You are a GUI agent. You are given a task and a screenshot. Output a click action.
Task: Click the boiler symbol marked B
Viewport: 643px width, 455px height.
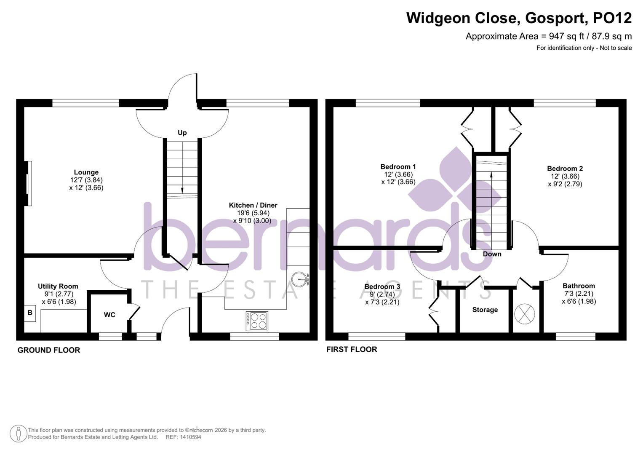click(30, 313)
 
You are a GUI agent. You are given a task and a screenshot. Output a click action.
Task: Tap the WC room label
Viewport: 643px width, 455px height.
click(109, 315)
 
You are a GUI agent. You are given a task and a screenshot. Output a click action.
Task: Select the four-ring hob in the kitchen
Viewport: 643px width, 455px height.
click(257, 321)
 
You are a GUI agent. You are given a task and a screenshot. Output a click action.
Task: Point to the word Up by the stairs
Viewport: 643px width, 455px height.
click(182, 133)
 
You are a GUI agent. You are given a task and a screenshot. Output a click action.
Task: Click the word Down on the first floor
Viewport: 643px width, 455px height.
click(492, 254)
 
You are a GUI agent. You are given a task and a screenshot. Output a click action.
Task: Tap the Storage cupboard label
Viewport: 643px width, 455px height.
click(485, 310)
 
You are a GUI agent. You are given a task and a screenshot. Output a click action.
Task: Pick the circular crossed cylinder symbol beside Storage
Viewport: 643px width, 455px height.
click(525, 314)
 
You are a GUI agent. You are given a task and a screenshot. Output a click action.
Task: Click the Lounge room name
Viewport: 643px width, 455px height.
click(86, 172)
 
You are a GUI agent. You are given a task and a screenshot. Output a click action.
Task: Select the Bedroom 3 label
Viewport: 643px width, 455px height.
click(382, 286)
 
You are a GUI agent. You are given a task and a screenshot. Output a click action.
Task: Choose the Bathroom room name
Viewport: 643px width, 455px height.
click(579, 286)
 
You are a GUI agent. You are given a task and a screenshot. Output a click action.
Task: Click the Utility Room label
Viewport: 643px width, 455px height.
click(58, 286)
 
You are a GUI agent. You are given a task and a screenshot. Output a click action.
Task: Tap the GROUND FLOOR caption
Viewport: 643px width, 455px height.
click(49, 350)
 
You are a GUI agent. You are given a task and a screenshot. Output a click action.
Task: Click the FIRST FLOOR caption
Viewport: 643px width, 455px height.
click(352, 349)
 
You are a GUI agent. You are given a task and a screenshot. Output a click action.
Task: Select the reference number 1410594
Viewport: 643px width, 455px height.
click(189, 437)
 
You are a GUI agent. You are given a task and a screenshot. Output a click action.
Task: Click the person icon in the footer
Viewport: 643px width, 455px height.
click(19, 434)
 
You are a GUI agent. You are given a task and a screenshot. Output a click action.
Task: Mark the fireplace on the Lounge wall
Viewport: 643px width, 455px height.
click(28, 183)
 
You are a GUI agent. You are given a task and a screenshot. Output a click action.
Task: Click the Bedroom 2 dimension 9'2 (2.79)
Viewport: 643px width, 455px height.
click(565, 184)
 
